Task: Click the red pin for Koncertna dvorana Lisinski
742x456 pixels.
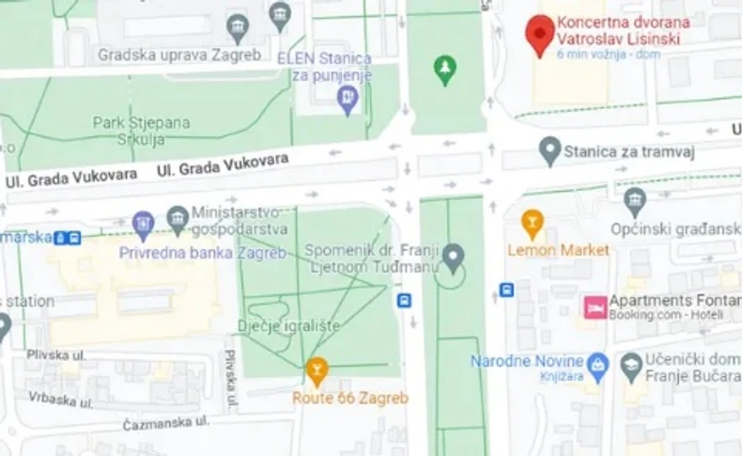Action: point(539,33)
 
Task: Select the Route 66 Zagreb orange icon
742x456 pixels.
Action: point(317,371)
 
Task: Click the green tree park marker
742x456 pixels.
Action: point(445,68)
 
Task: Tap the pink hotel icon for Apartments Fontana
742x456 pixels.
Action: point(595,307)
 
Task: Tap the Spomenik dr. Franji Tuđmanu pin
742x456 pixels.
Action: point(454,255)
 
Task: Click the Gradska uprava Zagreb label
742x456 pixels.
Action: point(178,55)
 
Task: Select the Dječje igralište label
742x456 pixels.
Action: point(289,325)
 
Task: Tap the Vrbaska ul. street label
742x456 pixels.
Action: point(60,401)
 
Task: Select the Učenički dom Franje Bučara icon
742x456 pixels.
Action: point(632,364)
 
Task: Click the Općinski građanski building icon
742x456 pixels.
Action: point(636,200)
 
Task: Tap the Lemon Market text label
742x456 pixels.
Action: point(558,250)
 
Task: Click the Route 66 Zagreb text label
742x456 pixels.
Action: point(350,398)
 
